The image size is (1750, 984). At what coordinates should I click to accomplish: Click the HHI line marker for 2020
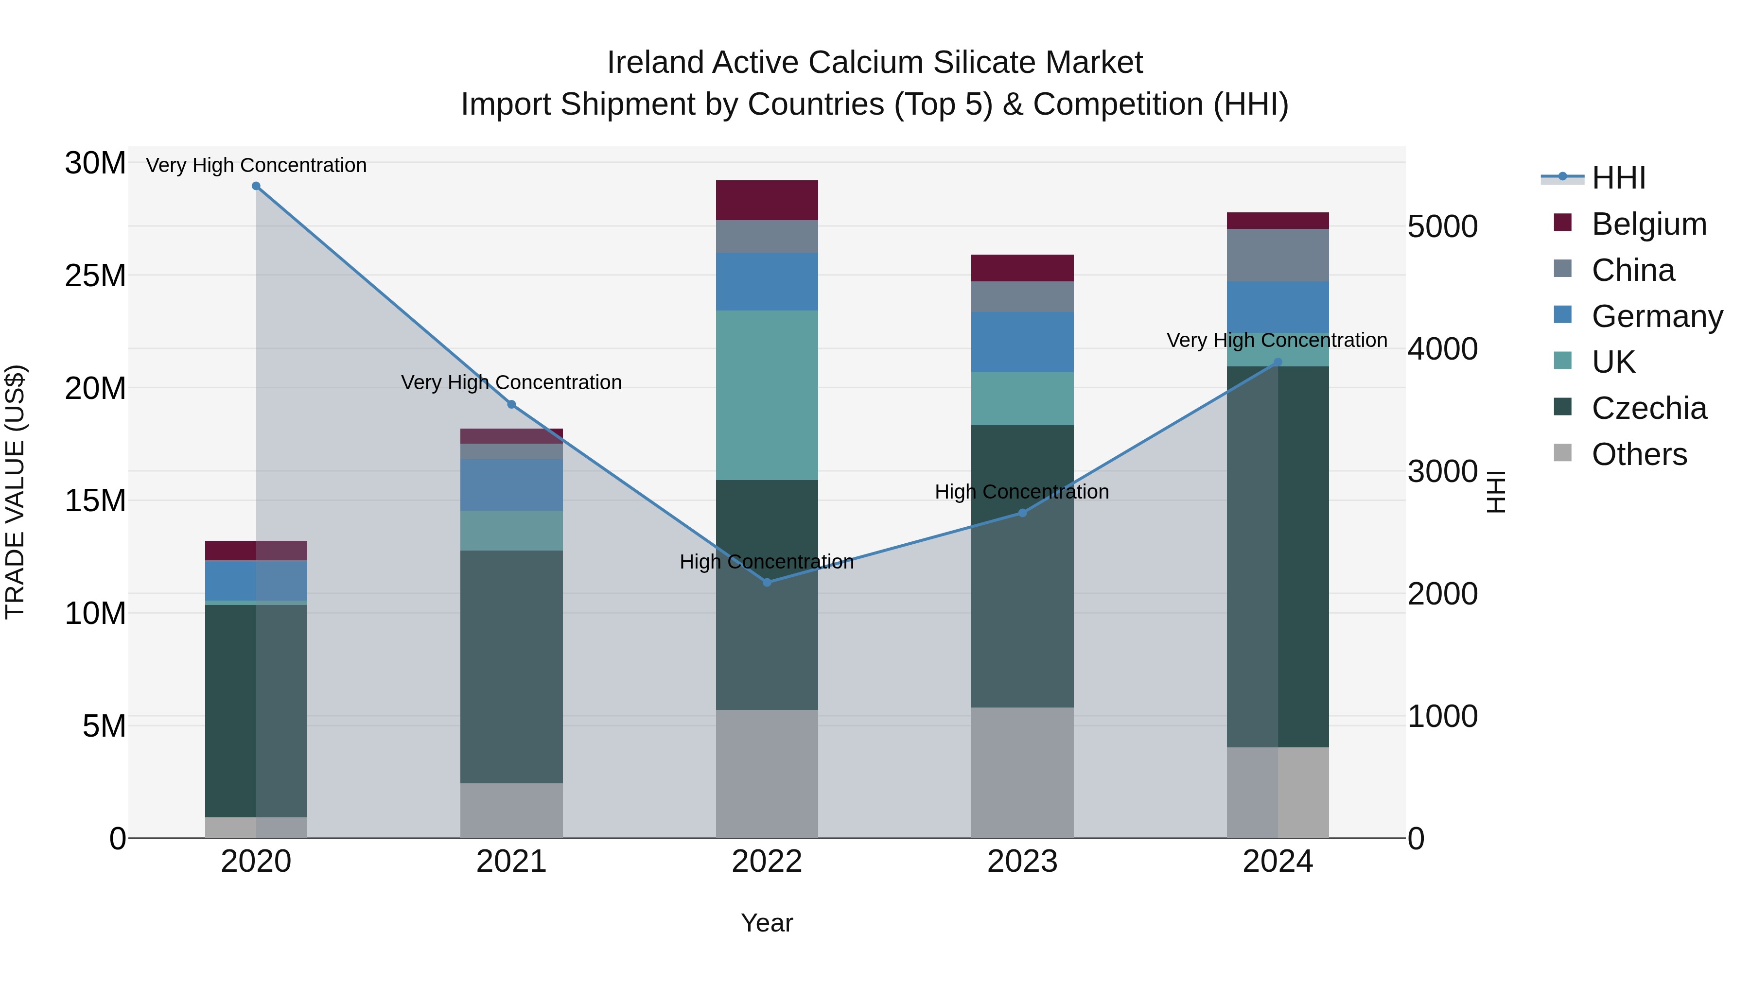pos(256,186)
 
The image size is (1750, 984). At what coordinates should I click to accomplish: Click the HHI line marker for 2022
pos(767,582)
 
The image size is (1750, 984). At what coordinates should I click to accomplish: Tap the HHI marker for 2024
pos(1278,362)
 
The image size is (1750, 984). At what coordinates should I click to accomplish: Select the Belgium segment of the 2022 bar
pos(767,200)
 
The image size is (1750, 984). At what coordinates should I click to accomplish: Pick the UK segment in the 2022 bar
pos(767,395)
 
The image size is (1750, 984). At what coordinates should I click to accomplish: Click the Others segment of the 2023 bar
pos(1022,773)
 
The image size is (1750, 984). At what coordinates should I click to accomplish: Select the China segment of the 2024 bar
pos(1278,255)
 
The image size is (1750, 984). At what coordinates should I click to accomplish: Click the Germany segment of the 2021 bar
pos(511,485)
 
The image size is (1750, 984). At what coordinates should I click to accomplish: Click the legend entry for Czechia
pos(1649,408)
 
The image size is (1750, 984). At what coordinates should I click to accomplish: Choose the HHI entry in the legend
pos(1619,178)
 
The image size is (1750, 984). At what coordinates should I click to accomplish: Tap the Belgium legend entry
pos(1649,224)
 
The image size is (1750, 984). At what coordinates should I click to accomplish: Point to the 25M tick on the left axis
pos(95,276)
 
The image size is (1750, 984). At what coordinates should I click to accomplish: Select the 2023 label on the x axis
pos(1022,862)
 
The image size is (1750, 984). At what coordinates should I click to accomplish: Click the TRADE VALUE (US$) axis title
pos(15,492)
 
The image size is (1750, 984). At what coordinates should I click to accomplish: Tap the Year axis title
pos(767,923)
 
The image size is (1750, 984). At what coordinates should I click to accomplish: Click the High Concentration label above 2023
pos(1022,492)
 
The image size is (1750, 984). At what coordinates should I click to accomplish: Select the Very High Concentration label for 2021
pos(511,382)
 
